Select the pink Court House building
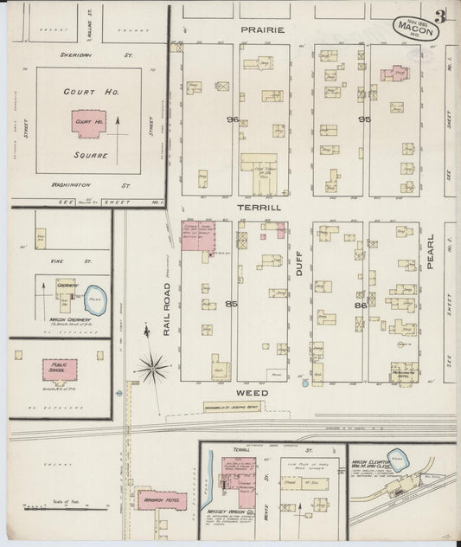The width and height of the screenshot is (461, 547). tap(89, 123)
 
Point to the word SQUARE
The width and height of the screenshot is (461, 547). tap(91, 157)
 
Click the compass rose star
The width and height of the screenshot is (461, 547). tap(152, 369)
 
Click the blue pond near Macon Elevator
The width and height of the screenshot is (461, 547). tap(397, 456)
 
